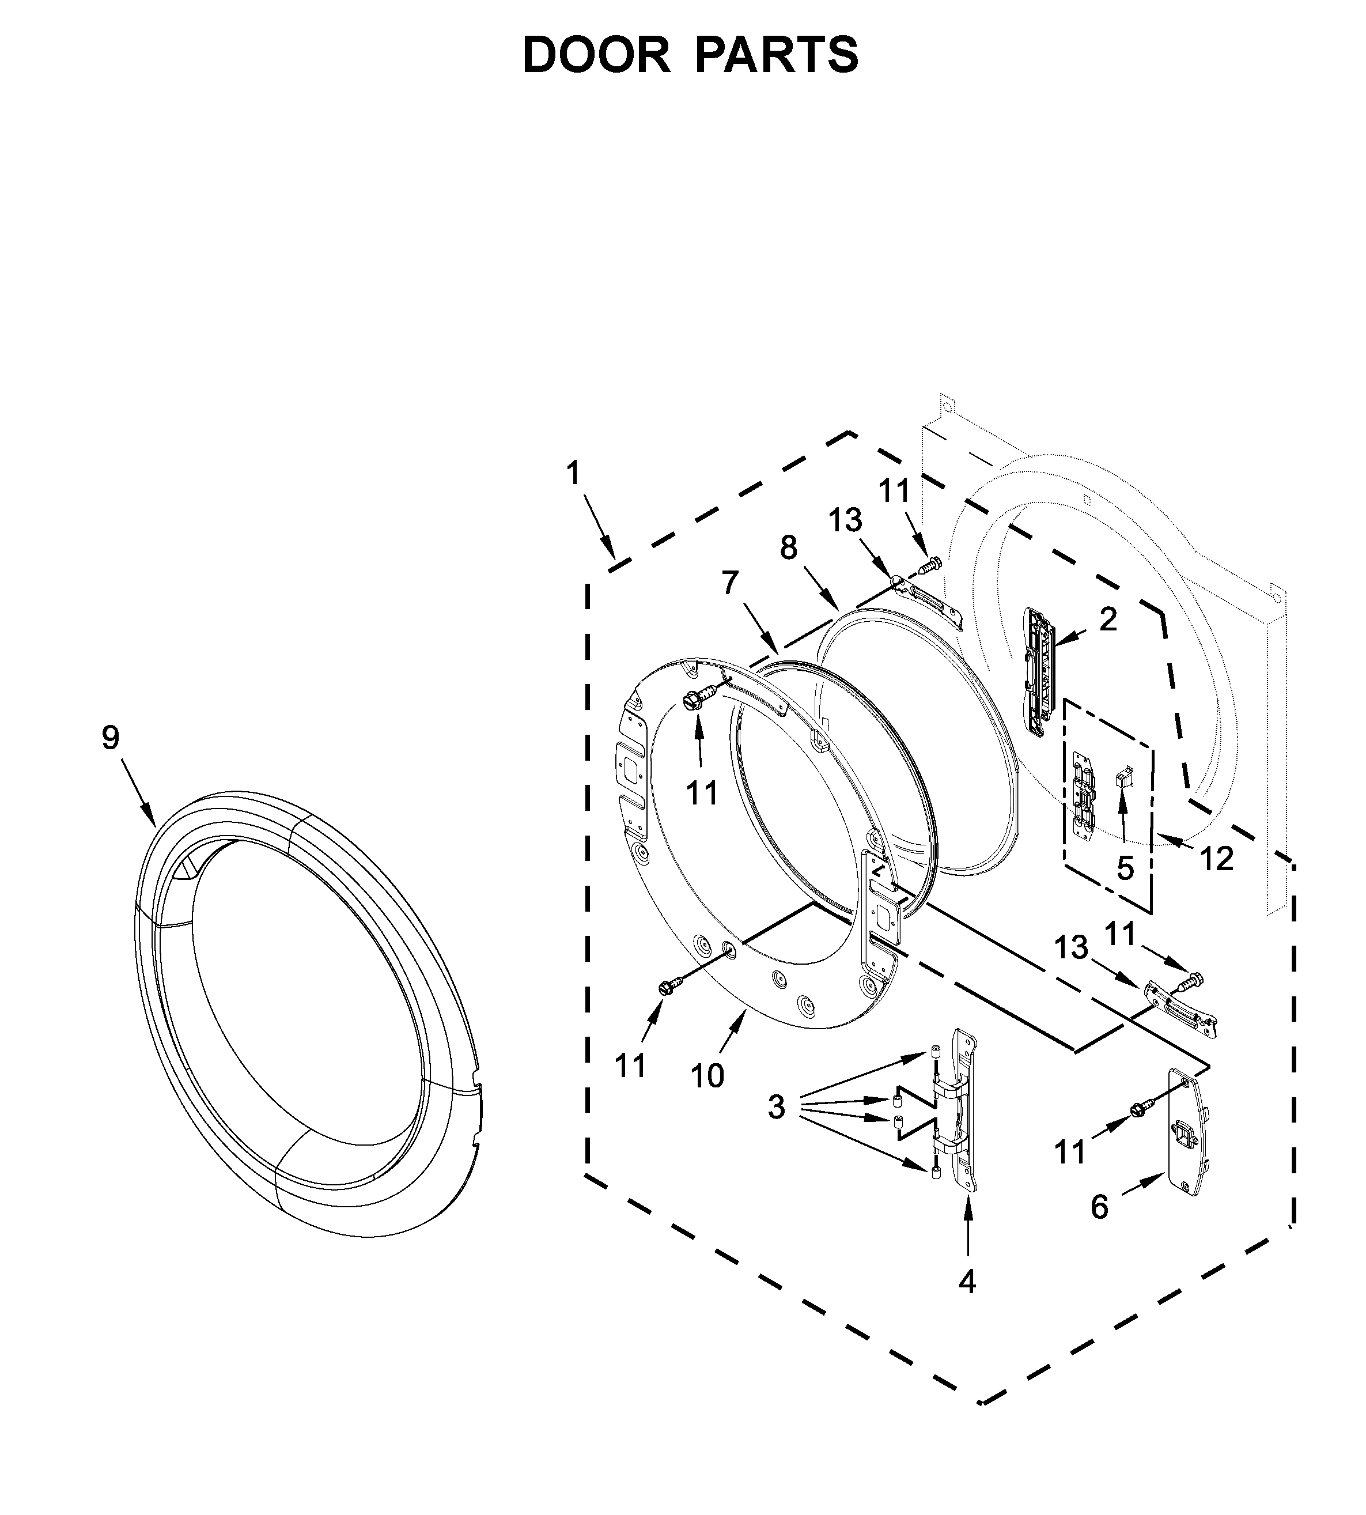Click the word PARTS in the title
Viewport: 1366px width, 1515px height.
click(x=777, y=55)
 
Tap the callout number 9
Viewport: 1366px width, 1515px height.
click(x=111, y=738)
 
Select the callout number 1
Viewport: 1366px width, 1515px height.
click(x=573, y=474)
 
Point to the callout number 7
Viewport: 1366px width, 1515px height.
click(x=731, y=583)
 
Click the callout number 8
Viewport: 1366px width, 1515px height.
click(x=788, y=548)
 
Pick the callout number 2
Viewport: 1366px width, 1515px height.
click(x=1108, y=619)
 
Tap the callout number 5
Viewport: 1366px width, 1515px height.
click(x=1125, y=868)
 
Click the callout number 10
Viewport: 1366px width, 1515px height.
click(x=707, y=1076)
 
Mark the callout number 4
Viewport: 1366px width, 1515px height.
click(x=967, y=1282)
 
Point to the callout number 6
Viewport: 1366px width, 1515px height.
click(x=1099, y=1228)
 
